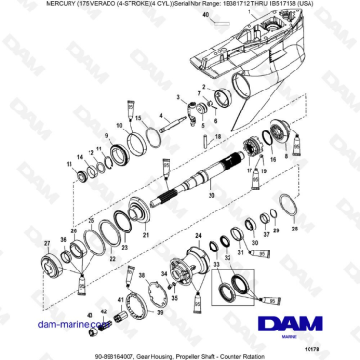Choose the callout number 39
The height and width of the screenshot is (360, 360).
159,310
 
